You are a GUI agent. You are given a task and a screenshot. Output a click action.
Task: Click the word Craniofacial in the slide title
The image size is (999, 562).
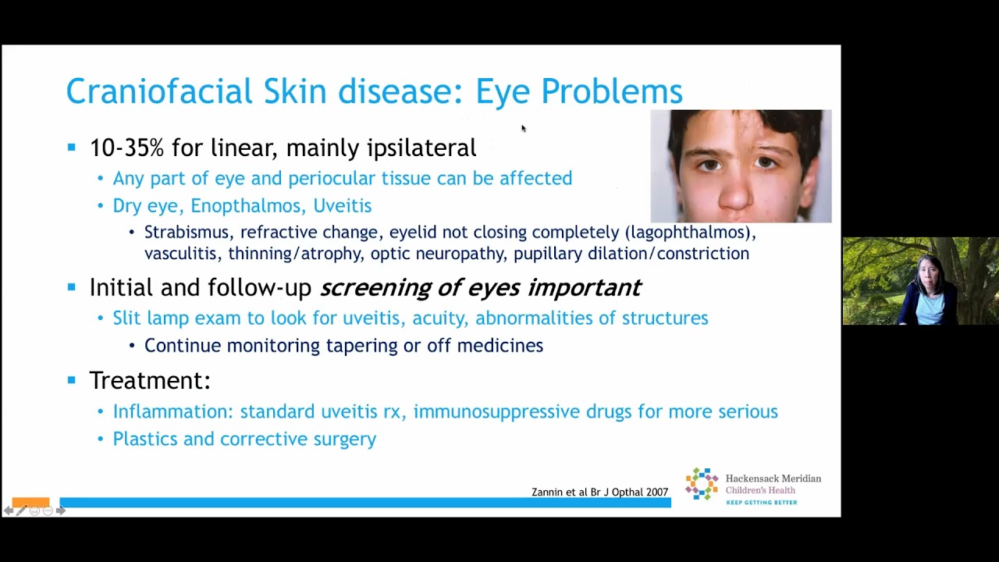pos(159,91)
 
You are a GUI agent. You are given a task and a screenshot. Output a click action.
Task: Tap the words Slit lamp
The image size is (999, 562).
pos(149,318)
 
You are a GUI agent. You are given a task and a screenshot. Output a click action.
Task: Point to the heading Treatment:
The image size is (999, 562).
pos(150,380)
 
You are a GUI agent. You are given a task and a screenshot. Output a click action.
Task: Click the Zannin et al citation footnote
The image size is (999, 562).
pos(599,492)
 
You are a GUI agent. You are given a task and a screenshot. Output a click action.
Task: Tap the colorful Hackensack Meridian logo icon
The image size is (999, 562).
pos(701,484)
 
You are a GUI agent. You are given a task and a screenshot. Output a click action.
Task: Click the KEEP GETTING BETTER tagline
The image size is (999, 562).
pos(761,502)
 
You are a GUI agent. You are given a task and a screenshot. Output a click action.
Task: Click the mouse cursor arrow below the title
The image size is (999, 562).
pos(523,128)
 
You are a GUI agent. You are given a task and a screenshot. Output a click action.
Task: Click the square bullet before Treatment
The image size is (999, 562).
pos(72,380)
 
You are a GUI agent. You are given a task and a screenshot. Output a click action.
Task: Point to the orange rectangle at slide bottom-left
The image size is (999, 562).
pos(30,502)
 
